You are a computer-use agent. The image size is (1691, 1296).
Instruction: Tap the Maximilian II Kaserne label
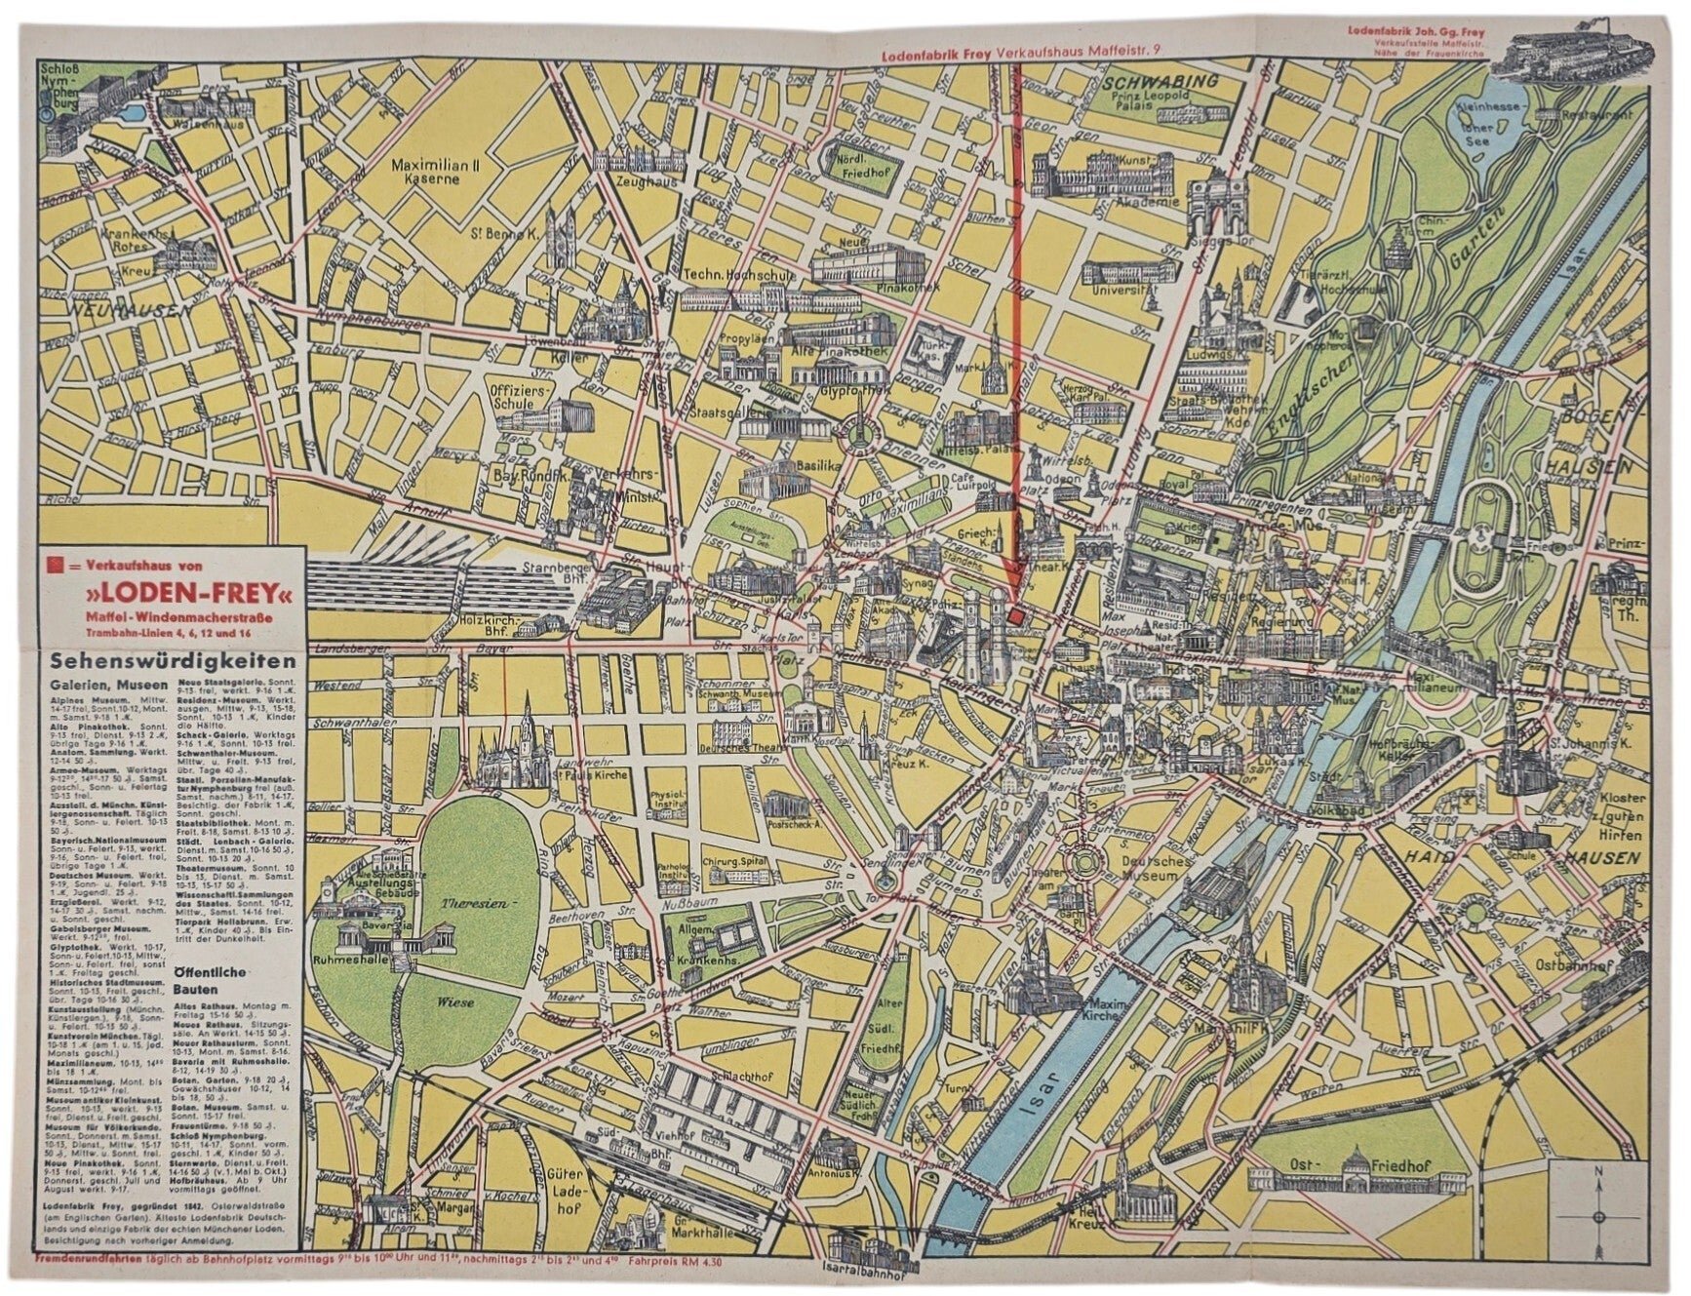pos(432,173)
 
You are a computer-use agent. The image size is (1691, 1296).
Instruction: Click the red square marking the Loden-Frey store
pos(1015,616)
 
